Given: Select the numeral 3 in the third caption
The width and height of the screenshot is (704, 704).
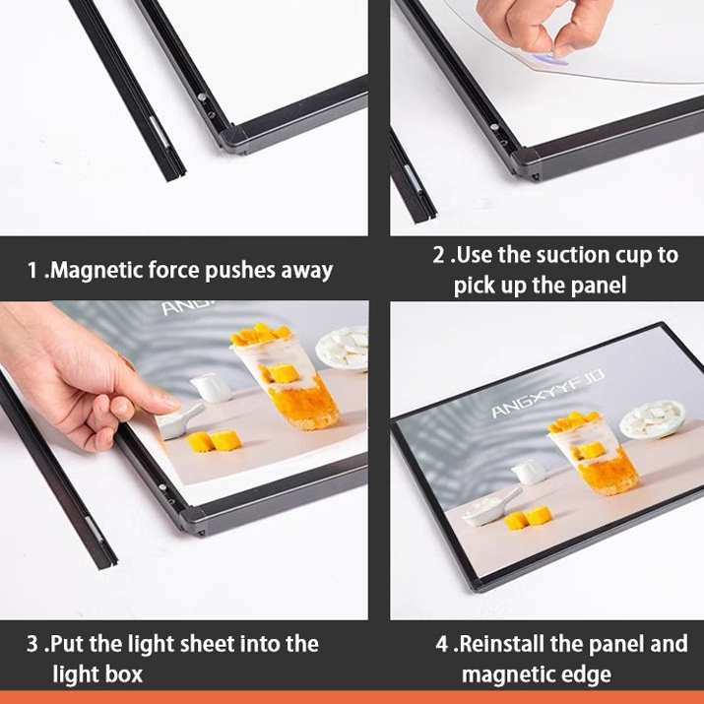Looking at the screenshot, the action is (32, 644).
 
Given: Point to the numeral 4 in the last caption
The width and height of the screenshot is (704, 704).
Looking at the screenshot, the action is (442, 644).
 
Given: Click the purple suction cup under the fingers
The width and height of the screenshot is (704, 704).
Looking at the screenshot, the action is (554, 60).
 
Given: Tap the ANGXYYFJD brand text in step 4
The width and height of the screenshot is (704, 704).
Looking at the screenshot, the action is (548, 394).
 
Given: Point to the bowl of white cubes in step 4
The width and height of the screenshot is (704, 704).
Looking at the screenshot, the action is (654, 418).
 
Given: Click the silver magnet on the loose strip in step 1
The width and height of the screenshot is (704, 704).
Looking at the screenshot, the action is (159, 131).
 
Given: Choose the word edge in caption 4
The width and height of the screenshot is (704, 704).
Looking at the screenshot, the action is (589, 675).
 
